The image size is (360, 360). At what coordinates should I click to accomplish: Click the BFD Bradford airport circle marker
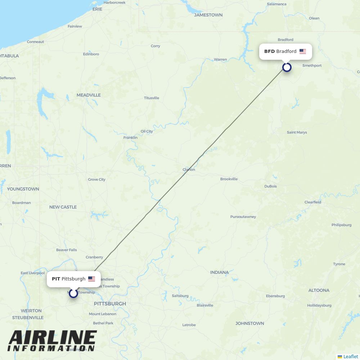[287, 67]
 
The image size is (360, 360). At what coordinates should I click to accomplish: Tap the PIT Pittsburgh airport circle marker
[73, 293]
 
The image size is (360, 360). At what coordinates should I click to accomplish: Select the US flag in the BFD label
[303, 51]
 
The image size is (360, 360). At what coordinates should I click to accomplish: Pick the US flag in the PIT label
[92, 279]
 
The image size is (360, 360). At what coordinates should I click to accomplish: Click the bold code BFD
[269, 51]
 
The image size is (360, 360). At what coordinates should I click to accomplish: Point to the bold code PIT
[56, 279]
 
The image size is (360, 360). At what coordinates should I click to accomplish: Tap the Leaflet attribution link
[350, 356]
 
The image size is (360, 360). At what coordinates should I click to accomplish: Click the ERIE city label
[97, 9]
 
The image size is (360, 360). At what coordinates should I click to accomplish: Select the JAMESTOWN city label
[208, 15]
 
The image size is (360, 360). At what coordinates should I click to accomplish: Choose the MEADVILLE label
[89, 95]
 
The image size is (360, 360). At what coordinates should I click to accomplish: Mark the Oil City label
[147, 131]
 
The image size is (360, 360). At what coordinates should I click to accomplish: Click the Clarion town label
[189, 170]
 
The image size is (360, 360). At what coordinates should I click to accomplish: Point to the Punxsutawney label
[243, 217]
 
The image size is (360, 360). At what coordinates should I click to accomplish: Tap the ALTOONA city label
[319, 290]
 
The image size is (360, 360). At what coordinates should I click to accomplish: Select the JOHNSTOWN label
[249, 323]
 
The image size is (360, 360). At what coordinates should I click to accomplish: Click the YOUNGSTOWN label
[23, 189]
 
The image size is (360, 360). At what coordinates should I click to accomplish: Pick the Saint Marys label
[297, 132]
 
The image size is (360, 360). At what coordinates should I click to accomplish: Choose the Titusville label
[151, 98]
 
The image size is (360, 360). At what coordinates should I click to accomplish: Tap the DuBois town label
[270, 186]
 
